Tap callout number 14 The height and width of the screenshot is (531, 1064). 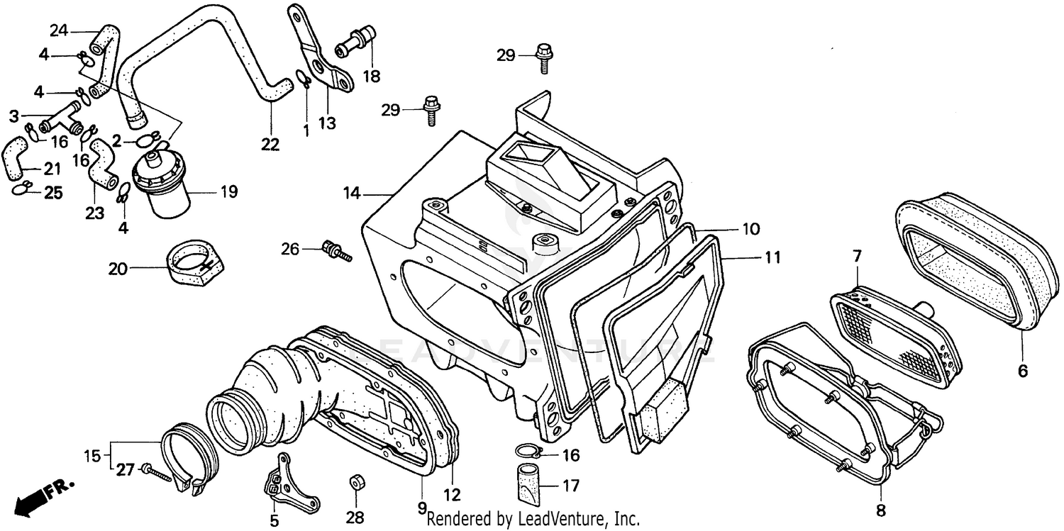[353, 193]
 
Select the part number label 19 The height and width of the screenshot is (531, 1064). [228, 191]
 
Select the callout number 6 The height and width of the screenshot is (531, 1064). [1022, 370]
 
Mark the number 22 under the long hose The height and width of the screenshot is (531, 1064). [270, 144]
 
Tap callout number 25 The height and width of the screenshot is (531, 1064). [53, 192]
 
